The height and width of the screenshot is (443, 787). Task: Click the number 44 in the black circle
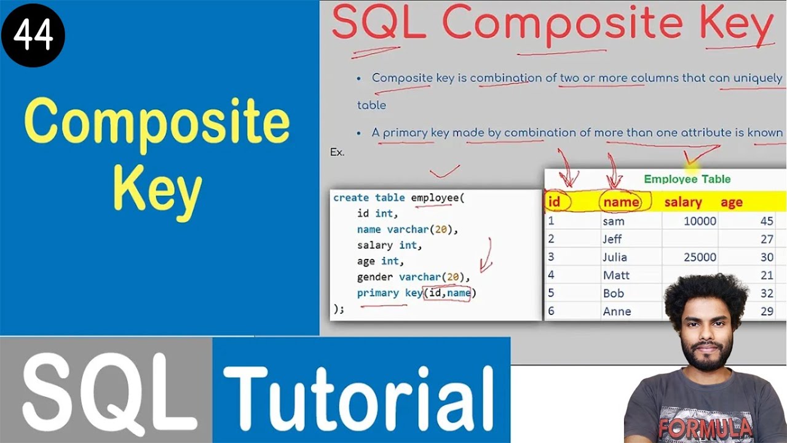[33, 36]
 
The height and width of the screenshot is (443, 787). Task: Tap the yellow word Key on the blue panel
[157, 190]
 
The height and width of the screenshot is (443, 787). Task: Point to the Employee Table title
[687, 179]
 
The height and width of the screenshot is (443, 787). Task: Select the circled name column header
[621, 202]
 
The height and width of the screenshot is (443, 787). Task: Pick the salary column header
[682, 202]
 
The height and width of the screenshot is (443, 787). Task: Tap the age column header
[732, 202]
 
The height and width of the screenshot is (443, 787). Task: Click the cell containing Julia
[615, 257]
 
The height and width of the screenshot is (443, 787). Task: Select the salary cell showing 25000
[700, 257]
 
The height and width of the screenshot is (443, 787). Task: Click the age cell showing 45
[766, 221]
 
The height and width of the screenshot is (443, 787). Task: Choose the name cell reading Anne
[617, 311]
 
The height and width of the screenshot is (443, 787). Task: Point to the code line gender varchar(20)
[413, 277]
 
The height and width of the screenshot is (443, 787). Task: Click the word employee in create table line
[435, 198]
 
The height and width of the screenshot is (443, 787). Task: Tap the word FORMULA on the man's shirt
[705, 427]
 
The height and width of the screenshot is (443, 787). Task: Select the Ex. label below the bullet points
[337, 152]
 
